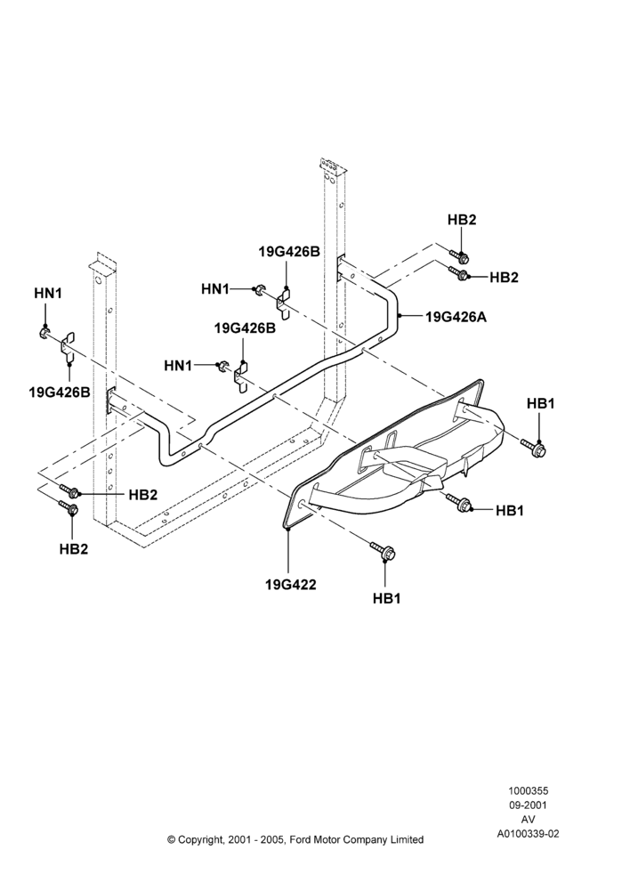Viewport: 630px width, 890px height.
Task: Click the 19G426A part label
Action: click(x=456, y=317)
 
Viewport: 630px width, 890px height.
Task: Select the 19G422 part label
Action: click(x=291, y=584)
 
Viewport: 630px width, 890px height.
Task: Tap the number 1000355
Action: click(x=528, y=790)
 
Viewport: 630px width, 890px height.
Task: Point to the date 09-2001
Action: click(x=528, y=805)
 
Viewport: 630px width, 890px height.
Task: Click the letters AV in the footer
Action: click(x=528, y=819)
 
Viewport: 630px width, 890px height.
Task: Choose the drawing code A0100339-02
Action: click(x=528, y=834)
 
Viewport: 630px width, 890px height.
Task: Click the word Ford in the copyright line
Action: click(x=301, y=839)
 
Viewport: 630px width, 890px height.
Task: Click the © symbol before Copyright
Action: click(x=171, y=839)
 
